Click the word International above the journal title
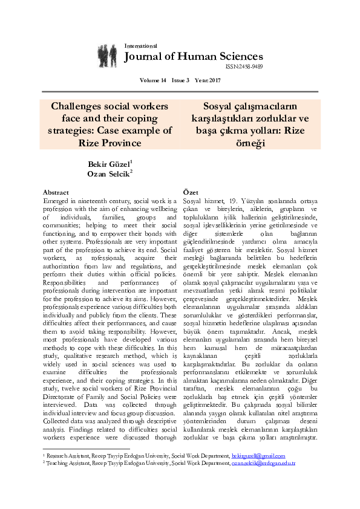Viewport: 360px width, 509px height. (x=140, y=46)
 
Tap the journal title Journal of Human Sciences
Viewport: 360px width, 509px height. (x=193, y=57)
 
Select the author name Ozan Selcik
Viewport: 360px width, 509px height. (x=109, y=174)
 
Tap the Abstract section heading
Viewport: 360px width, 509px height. (x=56, y=192)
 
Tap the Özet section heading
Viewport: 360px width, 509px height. (x=191, y=192)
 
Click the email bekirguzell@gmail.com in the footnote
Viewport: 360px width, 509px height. (x=258, y=456)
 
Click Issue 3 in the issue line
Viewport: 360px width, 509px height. (x=180, y=80)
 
